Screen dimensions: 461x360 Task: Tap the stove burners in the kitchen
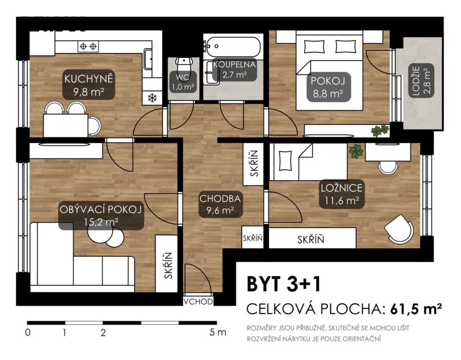click(x=88, y=46)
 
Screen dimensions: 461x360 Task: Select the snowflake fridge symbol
click(x=152, y=98)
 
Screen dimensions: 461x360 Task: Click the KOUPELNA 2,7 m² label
click(x=234, y=69)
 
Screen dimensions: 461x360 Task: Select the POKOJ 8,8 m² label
click(x=328, y=87)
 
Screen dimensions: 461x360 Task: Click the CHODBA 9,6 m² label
click(x=220, y=204)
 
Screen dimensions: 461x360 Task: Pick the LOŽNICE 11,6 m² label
click(x=341, y=194)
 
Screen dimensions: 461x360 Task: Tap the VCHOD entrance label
click(x=198, y=301)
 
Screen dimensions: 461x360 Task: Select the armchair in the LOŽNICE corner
click(x=399, y=229)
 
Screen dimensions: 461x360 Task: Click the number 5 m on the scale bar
click(x=218, y=333)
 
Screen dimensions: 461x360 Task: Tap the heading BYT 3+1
click(x=283, y=284)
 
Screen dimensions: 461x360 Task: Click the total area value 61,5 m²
click(x=416, y=309)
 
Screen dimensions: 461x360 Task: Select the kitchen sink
click(x=148, y=59)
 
